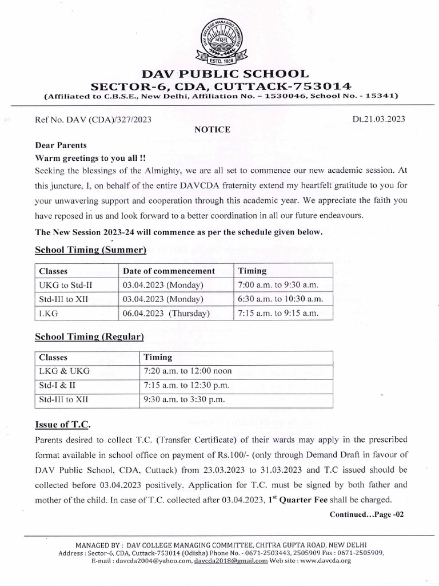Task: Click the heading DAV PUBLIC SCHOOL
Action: pos(219,73)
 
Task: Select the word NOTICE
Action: pos(213,130)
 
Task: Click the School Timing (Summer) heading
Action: pos(91,250)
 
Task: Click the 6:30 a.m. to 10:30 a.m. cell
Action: pos(280,299)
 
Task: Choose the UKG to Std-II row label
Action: pos(61,285)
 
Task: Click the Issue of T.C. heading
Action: pos(62,426)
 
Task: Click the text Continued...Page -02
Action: pos(366,514)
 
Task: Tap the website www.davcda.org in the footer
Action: pos(326,561)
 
